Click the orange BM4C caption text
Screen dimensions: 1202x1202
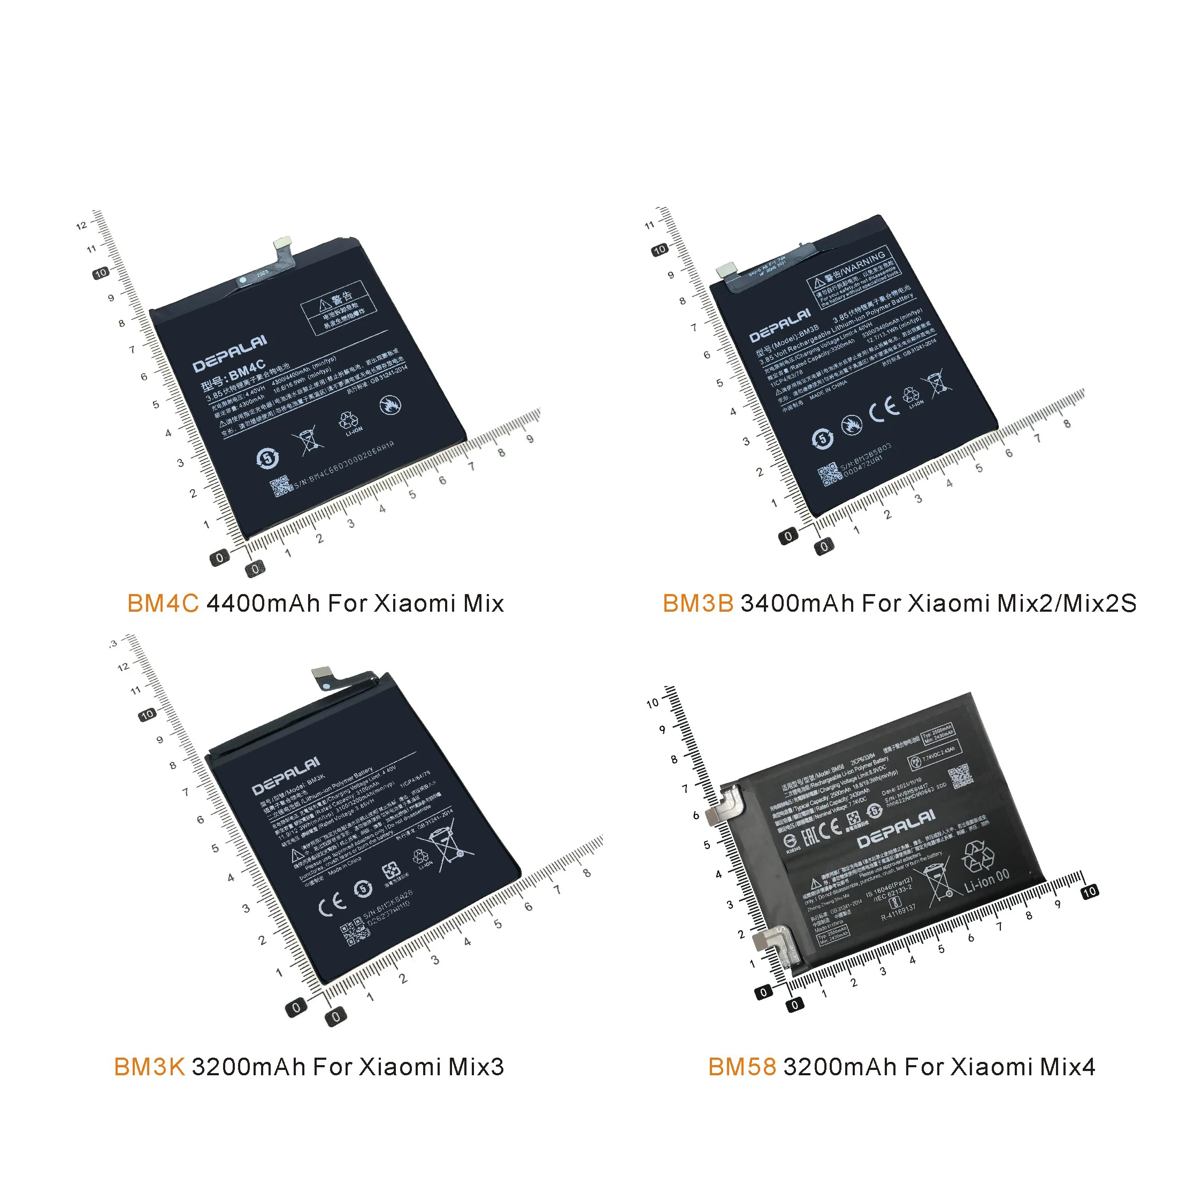163,604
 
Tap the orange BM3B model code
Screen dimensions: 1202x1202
698,604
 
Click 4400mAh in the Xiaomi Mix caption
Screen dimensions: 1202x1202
263,604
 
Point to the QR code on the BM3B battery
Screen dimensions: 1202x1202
829,475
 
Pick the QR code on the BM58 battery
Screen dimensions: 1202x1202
959,777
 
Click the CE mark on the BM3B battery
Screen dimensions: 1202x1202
884,410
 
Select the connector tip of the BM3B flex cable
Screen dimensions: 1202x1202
726,269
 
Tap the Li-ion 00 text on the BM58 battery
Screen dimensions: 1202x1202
986,880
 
